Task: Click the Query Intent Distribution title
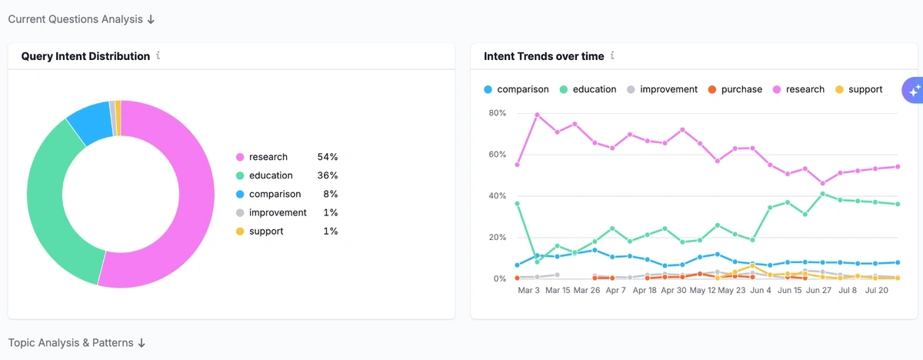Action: pos(85,56)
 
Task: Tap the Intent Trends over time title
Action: pos(544,56)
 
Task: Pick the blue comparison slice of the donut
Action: pos(91,120)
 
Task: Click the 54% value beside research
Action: pos(327,157)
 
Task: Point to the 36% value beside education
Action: pos(327,175)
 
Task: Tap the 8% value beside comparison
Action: pos(330,194)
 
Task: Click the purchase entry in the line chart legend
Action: pos(741,89)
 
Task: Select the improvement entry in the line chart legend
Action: pos(668,89)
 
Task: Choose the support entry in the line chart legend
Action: pos(865,89)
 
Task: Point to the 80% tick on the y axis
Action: pos(497,113)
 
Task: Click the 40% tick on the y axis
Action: pos(497,196)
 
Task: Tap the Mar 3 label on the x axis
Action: pos(528,291)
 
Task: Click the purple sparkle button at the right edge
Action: pos(914,91)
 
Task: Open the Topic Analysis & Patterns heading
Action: pos(77,342)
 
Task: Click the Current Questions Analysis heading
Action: pos(82,19)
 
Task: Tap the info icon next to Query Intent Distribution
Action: pos(158,56)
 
